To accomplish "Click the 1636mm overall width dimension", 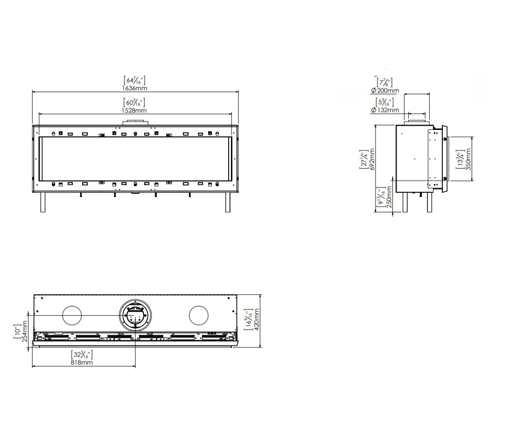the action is [x=134, y=88].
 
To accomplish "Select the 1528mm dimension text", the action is [x=134, y=110].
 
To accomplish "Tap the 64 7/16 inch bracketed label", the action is [x=134, y=80].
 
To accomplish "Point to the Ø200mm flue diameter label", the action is [x=385, y=90].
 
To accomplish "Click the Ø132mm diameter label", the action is [x=385, y=110].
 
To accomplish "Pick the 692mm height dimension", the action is [x=372, y=159].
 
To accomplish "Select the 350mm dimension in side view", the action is [x=468, y=159].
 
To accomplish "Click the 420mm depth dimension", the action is [x=257, y=320].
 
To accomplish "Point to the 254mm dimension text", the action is [x=25, y=331].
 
